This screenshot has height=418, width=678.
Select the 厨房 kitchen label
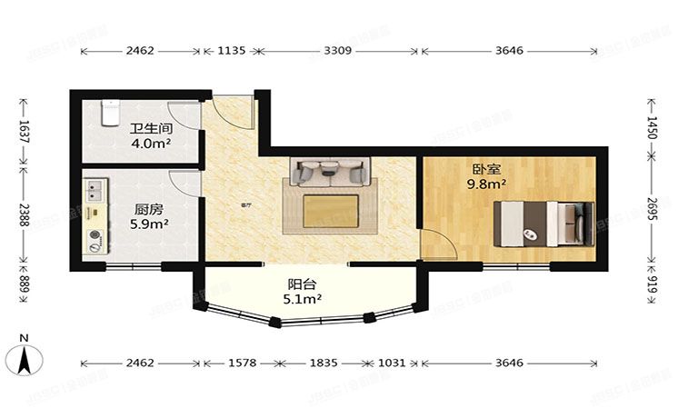pyautogui.click(x=147, y=209)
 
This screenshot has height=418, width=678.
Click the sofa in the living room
pyautogui.click(x=328, y=170)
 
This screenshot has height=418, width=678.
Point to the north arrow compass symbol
pyautogui.click(x=26, y=356)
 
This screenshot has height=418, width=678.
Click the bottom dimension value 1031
pyautogui.click(x=392, y=363)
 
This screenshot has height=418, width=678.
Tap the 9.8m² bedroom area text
pyautogui.click(x=486, y=184)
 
